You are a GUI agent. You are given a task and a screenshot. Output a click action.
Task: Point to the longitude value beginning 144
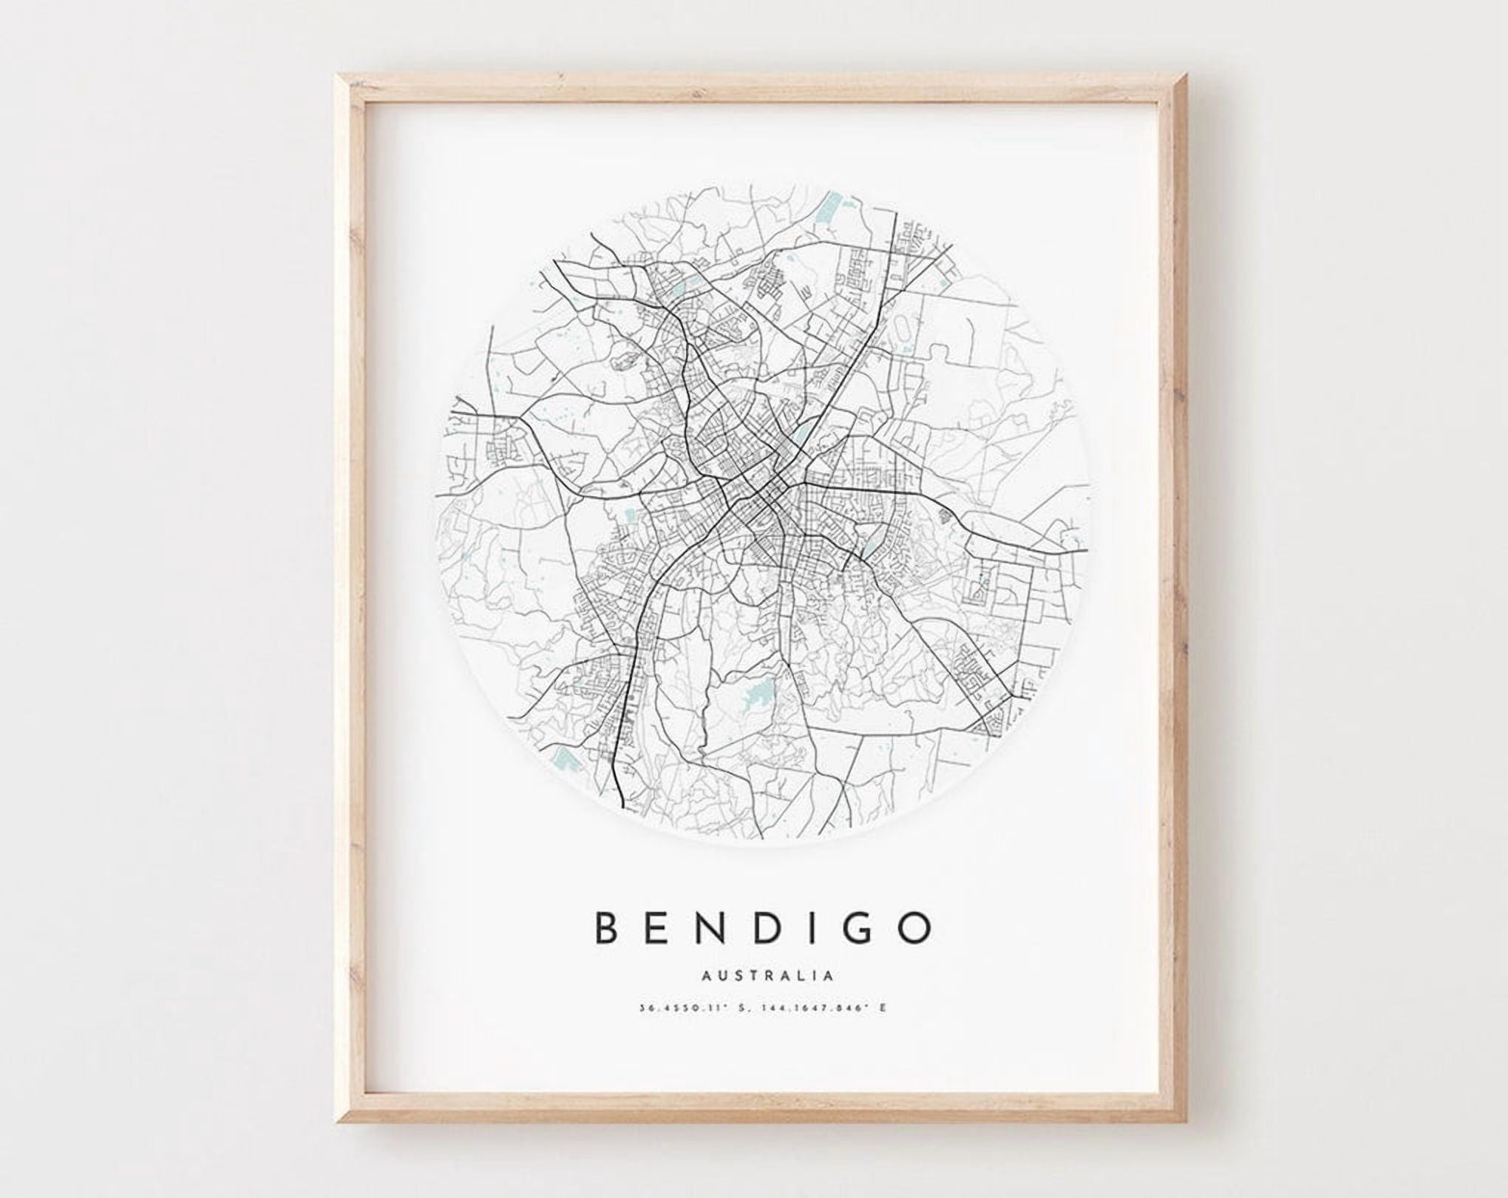coord(813,1008)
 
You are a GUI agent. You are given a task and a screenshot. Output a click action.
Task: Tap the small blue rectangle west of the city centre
coord(630,515)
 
